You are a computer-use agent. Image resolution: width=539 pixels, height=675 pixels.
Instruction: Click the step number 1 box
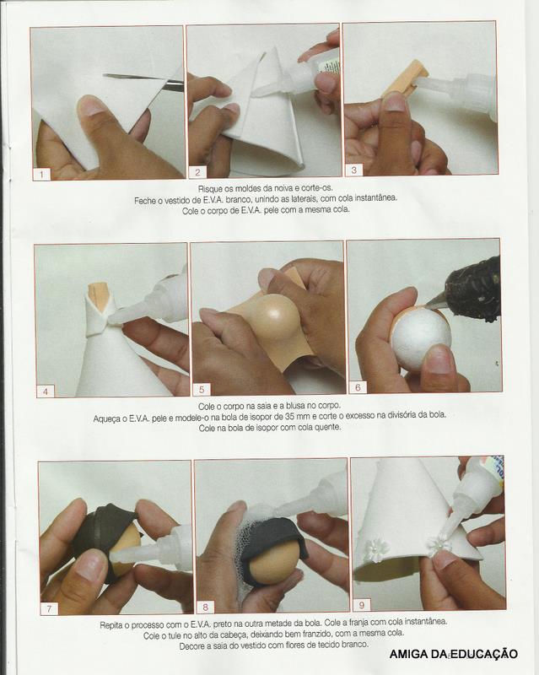coord(42,174)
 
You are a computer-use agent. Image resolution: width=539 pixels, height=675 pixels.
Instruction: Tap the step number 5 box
coord(202,390)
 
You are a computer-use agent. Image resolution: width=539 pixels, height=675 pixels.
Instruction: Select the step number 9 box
coord(362,604)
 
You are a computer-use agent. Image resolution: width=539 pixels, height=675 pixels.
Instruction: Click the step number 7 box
coord(49,607)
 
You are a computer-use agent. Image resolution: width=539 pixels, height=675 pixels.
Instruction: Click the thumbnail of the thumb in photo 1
coord(91,105)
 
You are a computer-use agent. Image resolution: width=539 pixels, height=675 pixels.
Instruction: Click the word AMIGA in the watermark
coord(407,654)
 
